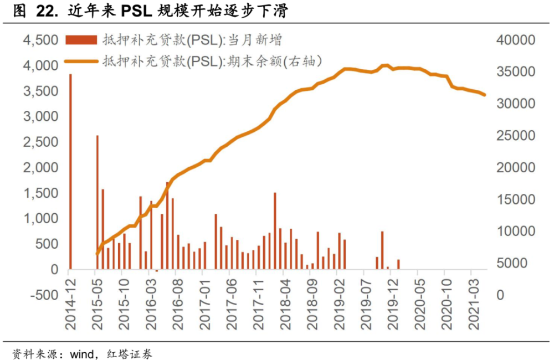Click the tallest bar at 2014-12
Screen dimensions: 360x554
pyautogui.click(x=70, y=172)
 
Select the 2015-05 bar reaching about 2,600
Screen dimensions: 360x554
pyautogui.click(x=97, y=202)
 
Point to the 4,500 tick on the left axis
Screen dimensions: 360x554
pyautogui.click(x=39, y=40)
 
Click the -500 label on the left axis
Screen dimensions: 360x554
pyautogui.click(x=44, y=295)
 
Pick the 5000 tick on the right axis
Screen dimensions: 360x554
pyautogui.click(x=509, y=263)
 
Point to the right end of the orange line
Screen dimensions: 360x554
pyautogui.click(x=485, y=95)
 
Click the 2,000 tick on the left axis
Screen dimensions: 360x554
pyautogui.click(x=39, y=168)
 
